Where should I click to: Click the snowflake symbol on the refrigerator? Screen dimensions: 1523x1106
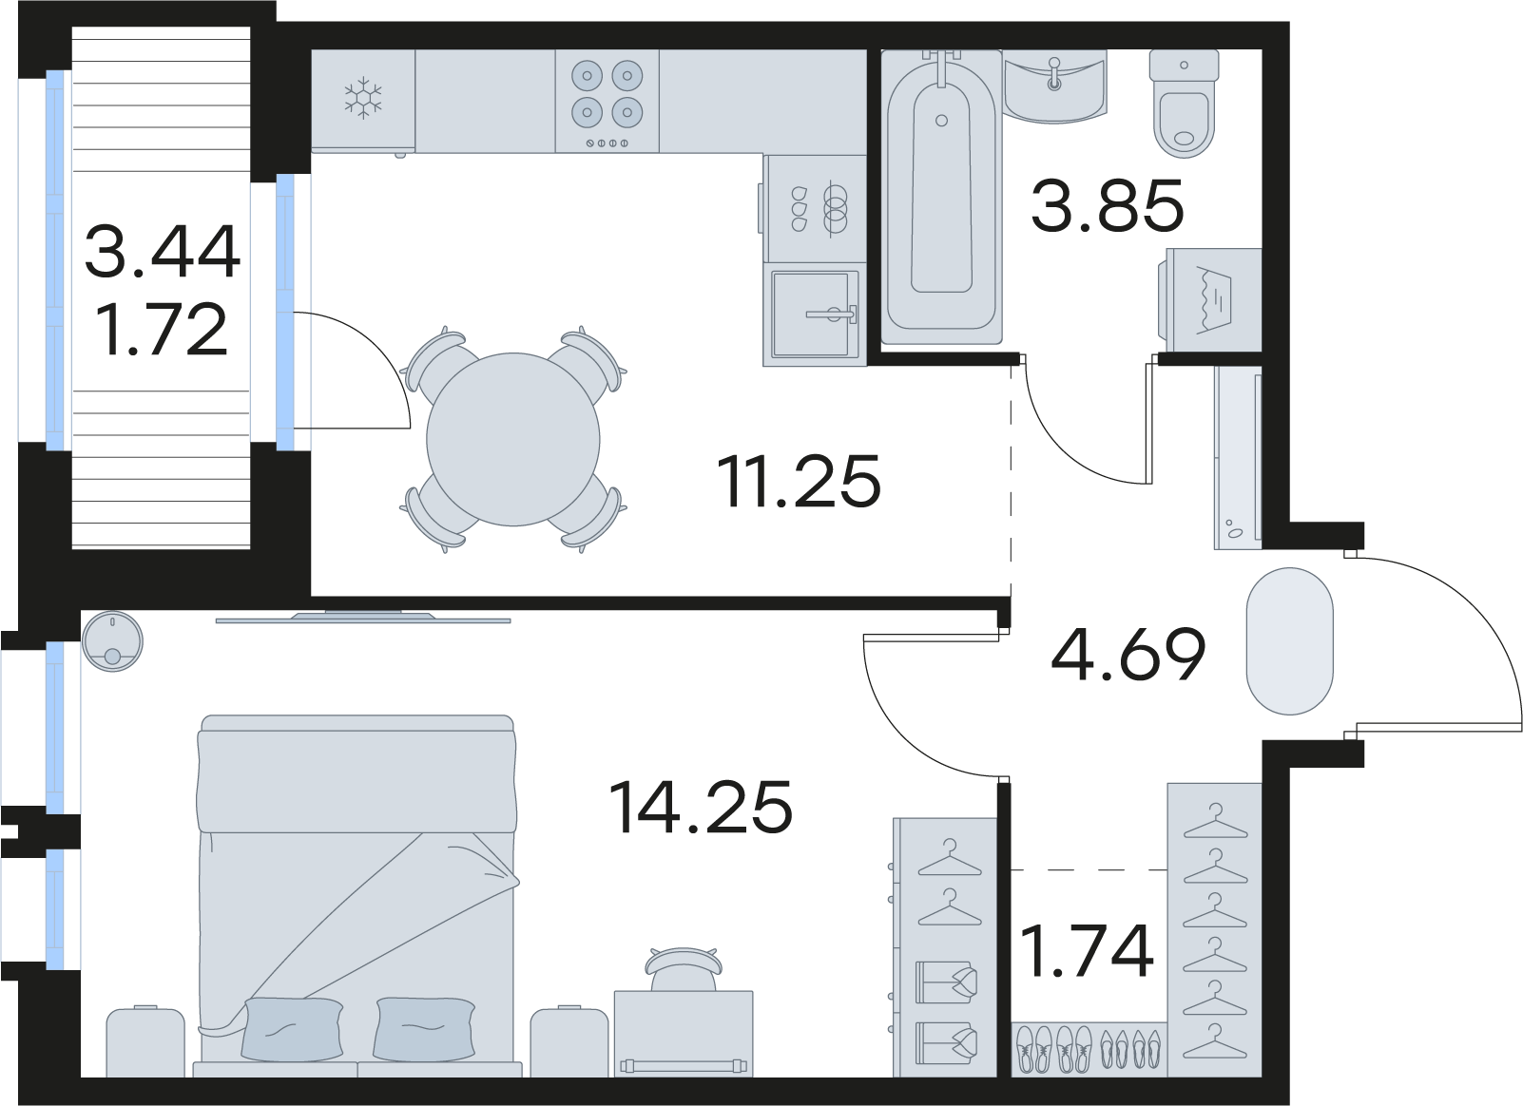click(x=363, y=98)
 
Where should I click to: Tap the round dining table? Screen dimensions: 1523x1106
click(x=513, y=439)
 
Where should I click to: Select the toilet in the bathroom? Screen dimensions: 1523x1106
click(x=1184, y=105)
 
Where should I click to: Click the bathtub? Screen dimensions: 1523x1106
click(x=942, y=197)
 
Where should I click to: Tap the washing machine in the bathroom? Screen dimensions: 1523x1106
click(x=1210, y=299)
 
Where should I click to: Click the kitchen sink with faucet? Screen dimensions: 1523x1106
click(x=815, y=314)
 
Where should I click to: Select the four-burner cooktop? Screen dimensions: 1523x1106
click(x=607, y=102)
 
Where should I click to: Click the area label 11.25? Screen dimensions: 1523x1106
click(x=799, y=482)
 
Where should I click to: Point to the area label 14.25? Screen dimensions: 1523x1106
click(x=701, y=807)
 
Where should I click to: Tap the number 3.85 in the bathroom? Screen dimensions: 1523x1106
click(x=1108, y=204)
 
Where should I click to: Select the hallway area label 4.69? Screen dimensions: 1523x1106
click(x=1128, y=654)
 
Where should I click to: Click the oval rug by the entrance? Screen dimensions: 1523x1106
click(x=1290, y=641)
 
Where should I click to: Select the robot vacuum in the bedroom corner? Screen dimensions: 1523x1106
click(x=112, y=641)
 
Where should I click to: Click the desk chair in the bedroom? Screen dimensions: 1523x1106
click(x=684, y=969)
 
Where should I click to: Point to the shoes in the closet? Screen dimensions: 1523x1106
click(x=1089, y=1049)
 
